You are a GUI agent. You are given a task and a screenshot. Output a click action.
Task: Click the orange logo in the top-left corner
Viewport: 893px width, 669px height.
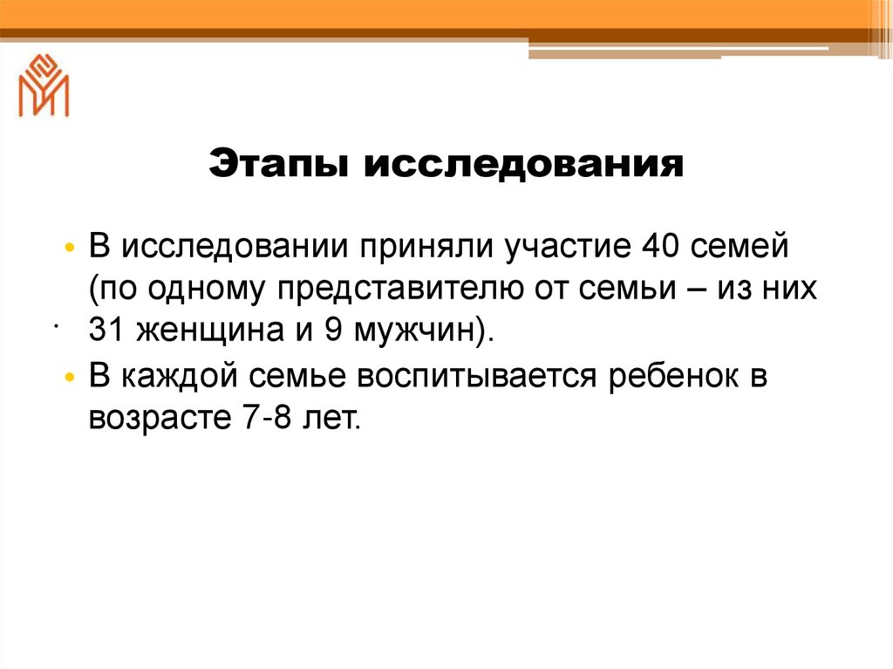coord(43,85)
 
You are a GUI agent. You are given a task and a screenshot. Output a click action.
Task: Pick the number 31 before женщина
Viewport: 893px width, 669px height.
coord(106,331)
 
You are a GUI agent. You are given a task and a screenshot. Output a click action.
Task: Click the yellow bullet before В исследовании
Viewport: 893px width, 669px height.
coord(71,248)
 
